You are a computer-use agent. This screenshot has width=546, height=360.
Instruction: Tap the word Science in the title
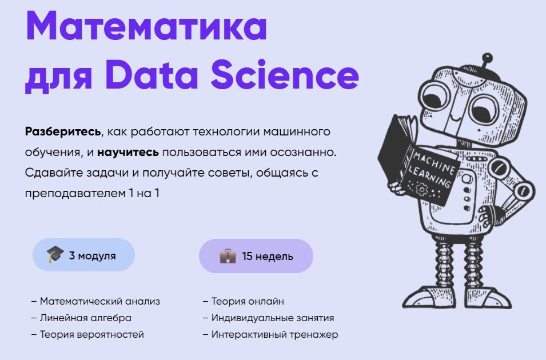285,74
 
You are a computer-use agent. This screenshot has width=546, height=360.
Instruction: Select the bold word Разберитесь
63,131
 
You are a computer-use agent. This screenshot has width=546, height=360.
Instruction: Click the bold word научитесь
128,152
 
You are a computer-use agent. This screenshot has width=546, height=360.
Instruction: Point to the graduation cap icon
55,254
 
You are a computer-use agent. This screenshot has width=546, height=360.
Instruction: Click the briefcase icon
228,256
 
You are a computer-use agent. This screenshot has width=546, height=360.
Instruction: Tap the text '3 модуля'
92,255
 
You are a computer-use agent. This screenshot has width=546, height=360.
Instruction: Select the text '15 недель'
268,256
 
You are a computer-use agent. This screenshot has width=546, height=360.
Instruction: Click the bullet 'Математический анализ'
95,301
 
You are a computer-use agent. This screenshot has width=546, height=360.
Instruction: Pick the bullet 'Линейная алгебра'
82,318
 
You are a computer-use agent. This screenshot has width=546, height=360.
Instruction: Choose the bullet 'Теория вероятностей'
87,335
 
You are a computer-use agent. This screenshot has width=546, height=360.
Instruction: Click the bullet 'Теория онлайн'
244,301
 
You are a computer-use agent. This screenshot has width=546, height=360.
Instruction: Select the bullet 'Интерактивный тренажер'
270,335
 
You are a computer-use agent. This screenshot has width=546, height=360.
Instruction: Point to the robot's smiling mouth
454,117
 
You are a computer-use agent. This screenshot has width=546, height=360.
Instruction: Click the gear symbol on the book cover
421,189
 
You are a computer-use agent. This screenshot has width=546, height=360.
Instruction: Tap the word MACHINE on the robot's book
434,162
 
